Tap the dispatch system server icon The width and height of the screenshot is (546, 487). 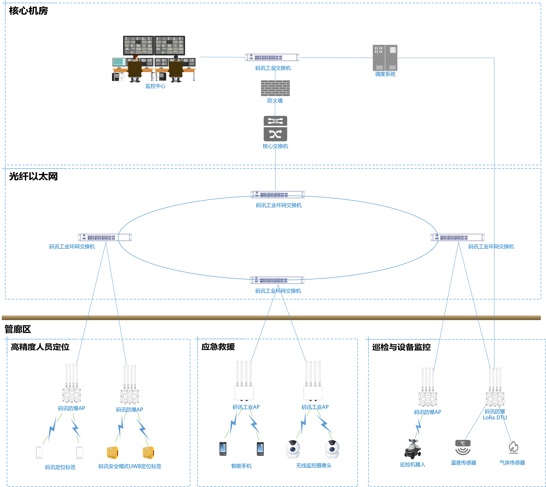[x=385, y=58]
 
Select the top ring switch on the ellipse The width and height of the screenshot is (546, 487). [x=278, y=194]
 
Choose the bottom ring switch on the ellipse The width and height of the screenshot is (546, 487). [x=277, y=280]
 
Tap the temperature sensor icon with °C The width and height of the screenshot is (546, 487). [x=463, y=447]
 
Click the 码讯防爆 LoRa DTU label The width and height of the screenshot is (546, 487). [x=495, y=414]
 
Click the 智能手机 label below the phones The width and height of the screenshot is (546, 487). [x=241, y=466]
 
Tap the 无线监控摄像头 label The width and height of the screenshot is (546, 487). [x=313, y=466]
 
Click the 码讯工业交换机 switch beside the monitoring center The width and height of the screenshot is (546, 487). [x=272, y=57]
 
